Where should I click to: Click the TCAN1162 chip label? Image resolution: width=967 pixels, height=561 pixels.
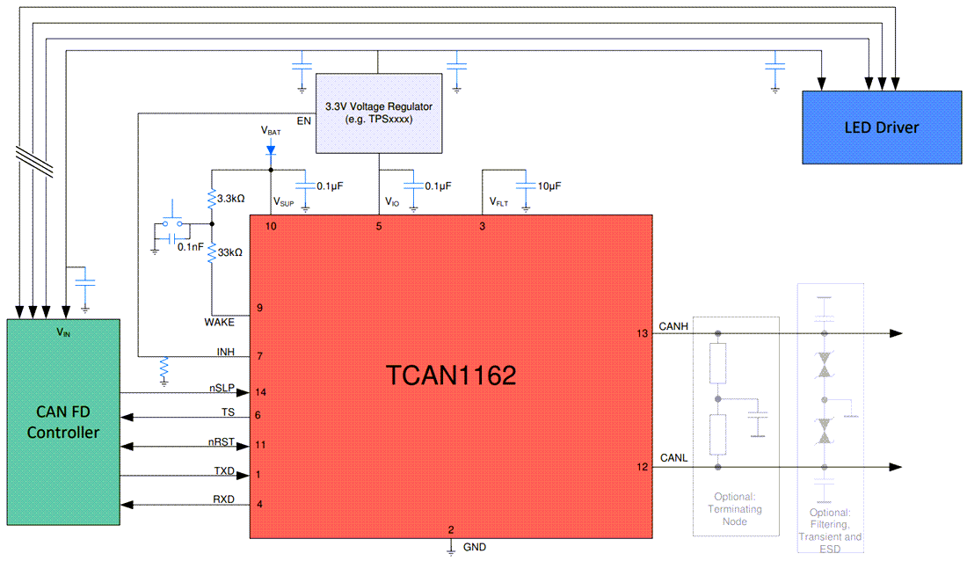click(x=451, y=375)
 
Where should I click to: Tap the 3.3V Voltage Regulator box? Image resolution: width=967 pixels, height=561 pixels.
click(x=378, y=112)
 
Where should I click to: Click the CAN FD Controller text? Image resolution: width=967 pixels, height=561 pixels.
click(x=63, y=421)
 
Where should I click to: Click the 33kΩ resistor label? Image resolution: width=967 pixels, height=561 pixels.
click(x=230, y=252)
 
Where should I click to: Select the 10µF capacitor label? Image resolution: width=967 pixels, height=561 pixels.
click(x=549, y=186)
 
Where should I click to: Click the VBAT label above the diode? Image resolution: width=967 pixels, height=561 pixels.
click(x=272, y=129)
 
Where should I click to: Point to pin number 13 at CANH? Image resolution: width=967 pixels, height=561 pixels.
click(x=641, y=333)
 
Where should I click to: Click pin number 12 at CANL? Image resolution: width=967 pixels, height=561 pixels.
click(x=641, y=466)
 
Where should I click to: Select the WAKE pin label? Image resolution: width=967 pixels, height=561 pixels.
click(x=219, y=322)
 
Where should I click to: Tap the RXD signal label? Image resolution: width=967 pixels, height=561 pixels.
click(x=223, y=499)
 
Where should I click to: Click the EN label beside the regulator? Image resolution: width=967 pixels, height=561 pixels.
click(x=304, y=120)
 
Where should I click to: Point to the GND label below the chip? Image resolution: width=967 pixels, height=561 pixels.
click(x=474, y=547)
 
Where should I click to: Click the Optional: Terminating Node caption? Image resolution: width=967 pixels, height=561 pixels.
click(x=738, y=508)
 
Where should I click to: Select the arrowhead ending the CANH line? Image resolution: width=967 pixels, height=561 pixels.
click(x=896, y=333)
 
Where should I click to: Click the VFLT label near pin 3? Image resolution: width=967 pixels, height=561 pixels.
click(x=499, y=202)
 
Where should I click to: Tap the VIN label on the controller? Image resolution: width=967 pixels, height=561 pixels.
click(x=63, y=333)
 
